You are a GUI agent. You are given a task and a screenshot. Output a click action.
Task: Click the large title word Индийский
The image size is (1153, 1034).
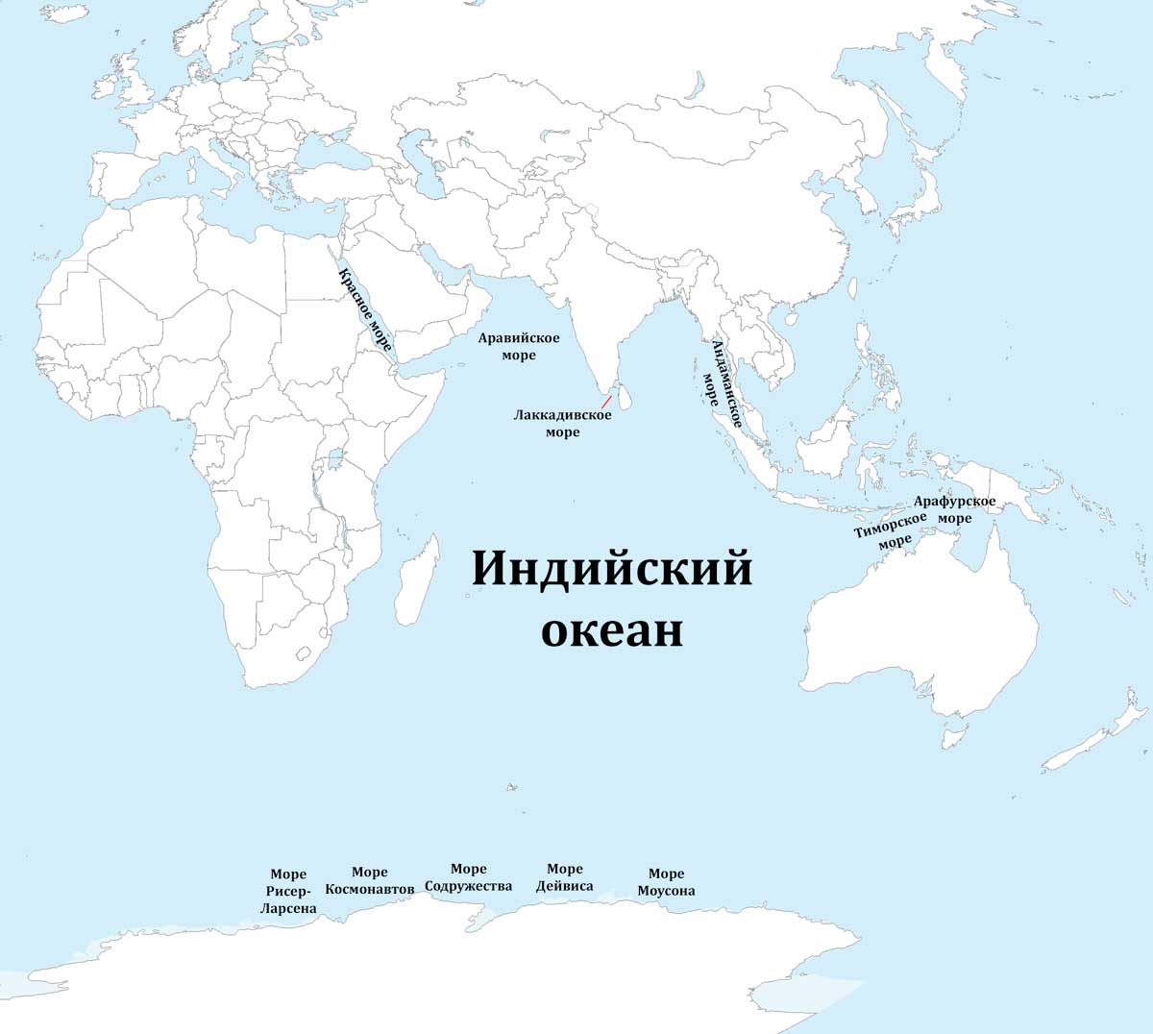[x=612, y=568]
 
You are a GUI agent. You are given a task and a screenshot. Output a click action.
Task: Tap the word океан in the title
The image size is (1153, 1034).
[x=612, y=631]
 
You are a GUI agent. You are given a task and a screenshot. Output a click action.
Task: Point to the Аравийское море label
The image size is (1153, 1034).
[x=519, y=347]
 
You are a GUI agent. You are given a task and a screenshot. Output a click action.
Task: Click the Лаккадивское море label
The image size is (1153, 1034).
[x=562, y=424]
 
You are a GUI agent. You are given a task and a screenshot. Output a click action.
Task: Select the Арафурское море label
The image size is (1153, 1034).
[x=954, y=509]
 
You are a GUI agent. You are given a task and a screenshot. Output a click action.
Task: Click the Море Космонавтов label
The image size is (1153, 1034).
[x=370, y=880]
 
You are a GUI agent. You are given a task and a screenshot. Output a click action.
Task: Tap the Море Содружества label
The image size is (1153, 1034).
[x=468, y=877]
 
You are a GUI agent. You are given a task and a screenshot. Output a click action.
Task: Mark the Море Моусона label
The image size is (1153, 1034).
[x=666, y=882]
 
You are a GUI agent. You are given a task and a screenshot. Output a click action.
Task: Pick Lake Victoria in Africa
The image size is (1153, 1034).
[x=335, y=458]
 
